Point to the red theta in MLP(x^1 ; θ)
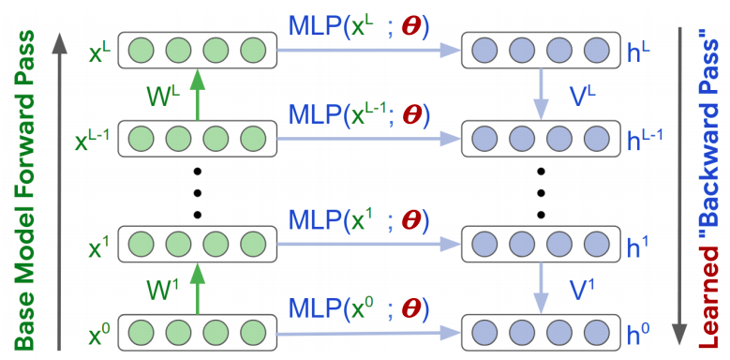pos(410,221)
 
